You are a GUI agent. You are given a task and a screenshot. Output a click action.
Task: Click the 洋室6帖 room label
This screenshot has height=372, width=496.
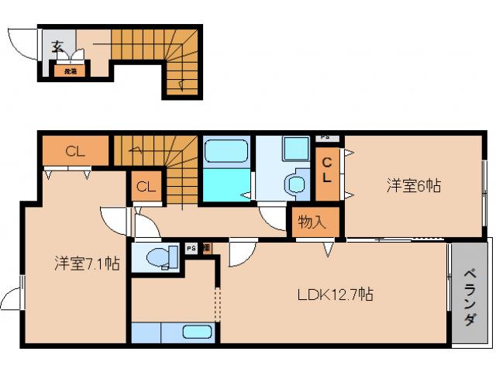pyautogui.click(x=415, y=185)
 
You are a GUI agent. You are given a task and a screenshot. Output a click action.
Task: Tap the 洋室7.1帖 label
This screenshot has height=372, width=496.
pyautogui.click(x=86, y=263)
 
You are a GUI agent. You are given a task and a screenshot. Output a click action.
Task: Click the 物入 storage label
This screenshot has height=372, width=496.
pyautogui.click(x=311, y=222)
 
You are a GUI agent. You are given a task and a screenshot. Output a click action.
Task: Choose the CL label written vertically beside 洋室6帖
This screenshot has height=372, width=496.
pyautogui.click(x=327, y=170)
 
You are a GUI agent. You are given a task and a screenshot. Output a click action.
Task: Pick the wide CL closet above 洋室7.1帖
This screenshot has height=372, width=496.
pyautogui.click(x=75, y=151)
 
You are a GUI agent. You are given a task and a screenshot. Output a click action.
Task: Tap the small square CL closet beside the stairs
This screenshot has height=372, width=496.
pyautogui.click(x=144, y=187)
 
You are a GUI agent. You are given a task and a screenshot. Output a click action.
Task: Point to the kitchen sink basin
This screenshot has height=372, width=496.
pyautogui.click(x=198, y=333)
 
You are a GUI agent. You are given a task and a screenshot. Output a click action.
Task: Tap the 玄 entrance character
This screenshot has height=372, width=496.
pyautogui.click(x=58, y=46)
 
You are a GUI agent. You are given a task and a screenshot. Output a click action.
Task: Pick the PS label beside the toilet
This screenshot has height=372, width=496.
pyautogui.click(x=191, y=249)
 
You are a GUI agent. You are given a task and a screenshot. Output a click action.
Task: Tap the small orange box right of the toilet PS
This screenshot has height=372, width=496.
pyautogui.click(x=205, y=249)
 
